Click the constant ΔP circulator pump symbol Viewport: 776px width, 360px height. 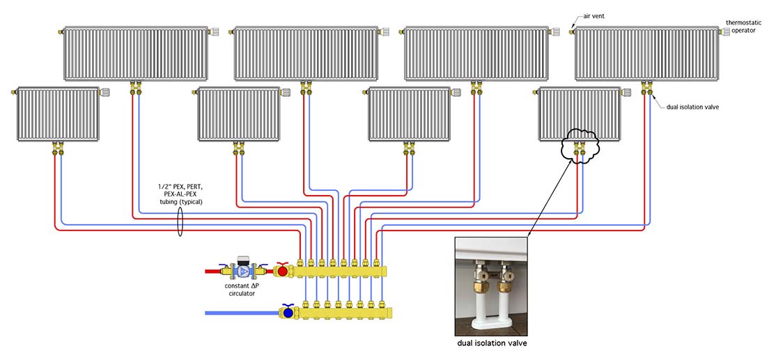243,269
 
